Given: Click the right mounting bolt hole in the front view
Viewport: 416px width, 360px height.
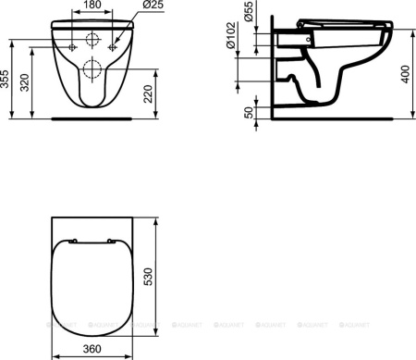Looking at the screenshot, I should (114, 43).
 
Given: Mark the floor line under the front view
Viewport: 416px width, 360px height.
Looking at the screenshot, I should (92, 118).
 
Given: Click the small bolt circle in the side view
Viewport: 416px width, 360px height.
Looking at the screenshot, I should (308, 41).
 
